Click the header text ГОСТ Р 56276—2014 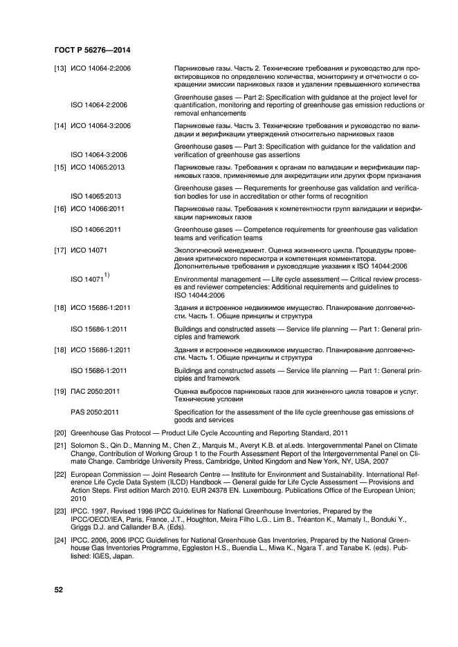(92, 51)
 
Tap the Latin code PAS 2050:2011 (95, 412)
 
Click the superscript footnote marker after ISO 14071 (109, 275)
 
